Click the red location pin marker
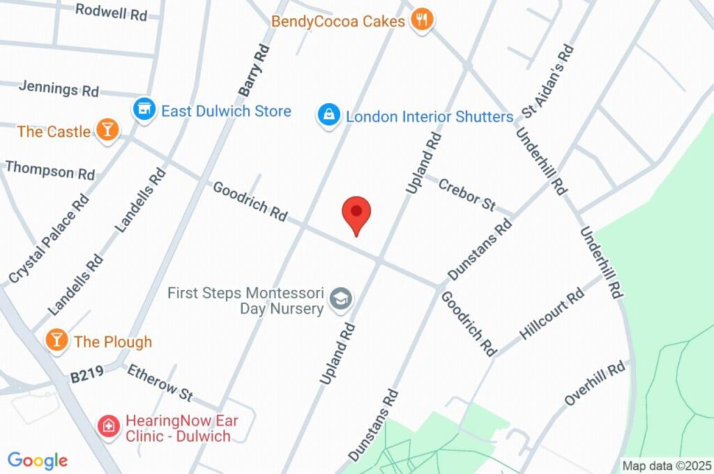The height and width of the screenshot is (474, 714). pos(356,212)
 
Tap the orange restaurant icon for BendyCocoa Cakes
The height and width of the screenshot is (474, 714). pos(421,20)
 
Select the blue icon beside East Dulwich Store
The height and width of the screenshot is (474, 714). pos(144,109)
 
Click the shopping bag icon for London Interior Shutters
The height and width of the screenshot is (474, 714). pos(328,115)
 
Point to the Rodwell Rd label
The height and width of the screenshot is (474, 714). pos(112,11)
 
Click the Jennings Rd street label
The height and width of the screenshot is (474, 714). pos(59,88)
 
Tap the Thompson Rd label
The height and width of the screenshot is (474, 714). pos(50,169)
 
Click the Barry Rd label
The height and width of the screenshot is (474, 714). pos(254,70)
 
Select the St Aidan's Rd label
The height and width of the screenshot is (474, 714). pos(548,80)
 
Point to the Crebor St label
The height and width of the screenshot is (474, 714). pos(466,194)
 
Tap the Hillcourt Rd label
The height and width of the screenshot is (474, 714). pos(552,314)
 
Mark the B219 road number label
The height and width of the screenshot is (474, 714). pos(86,376)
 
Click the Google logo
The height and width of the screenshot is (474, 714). pos(38,460)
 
